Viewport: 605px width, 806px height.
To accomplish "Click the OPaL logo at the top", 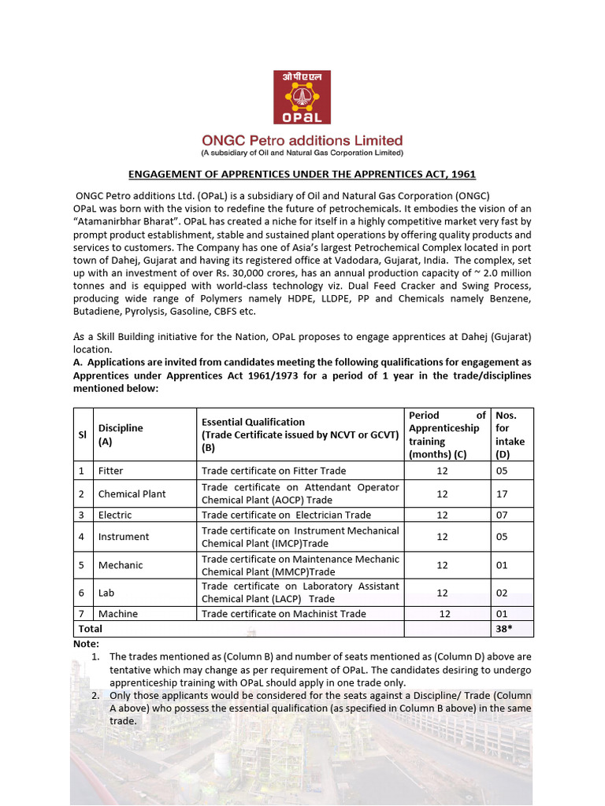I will tap(302, 97).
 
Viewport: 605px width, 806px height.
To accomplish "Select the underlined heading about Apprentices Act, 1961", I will tap(302, 174).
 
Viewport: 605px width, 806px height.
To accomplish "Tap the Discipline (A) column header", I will tap(121, 434).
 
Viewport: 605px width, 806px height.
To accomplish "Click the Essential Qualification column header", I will tap(299, 434).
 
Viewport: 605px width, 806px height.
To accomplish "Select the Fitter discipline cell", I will tap(111, 471).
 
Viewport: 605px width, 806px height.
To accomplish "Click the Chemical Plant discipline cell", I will tap(132, 494).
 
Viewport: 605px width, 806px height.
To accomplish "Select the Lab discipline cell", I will tap(105, 593).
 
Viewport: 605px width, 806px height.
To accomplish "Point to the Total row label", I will tap(90, 629).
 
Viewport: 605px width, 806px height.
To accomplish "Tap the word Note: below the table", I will tap(87, 643).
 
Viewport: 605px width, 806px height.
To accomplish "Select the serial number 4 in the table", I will tap(81, 537).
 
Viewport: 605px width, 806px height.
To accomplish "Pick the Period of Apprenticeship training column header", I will tap(447, 434).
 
